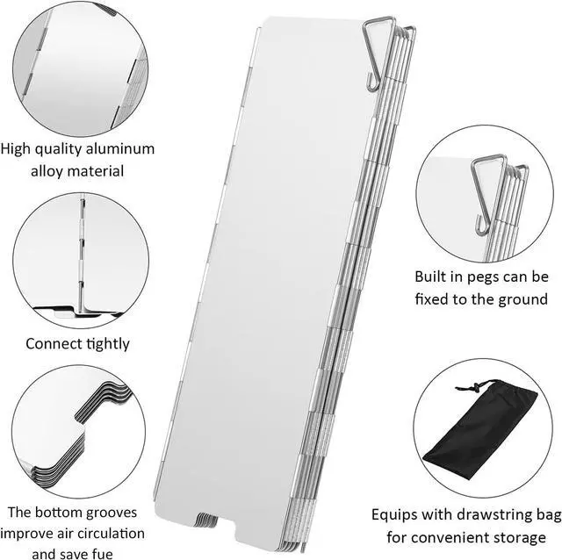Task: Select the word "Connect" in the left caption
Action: pyautogui.click(x=54, y=343)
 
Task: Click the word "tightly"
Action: pyautogui.click(x=106, y=343)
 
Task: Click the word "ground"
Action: pyautogui.click(x=518, y=299)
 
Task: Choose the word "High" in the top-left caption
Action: pyautogui.click(x=18, y=148)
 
